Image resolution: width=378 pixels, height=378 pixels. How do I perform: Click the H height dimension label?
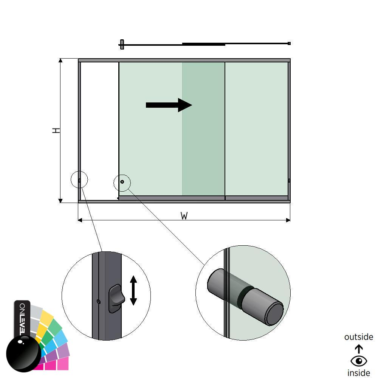coord(56,130)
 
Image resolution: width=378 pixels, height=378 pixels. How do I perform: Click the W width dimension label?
coord(184,216)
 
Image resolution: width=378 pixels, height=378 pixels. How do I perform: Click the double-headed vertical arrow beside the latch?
coord(133,290)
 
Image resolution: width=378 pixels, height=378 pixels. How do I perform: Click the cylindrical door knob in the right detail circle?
coord(246,296)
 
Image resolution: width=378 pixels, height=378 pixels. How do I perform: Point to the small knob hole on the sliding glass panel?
coord(122,182)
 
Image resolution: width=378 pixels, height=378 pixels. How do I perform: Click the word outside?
coord(358,337)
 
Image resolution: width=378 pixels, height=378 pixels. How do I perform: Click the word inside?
coord(359,373)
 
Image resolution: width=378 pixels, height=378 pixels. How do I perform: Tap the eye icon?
coord(359,361)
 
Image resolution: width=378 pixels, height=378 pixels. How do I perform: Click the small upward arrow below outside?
coord(359,349)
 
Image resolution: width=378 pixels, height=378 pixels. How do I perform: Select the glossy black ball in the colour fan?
coord(23,353)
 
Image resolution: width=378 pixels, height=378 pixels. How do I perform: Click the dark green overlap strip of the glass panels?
coord(203,129)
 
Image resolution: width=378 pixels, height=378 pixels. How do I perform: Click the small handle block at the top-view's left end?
coord(122,44)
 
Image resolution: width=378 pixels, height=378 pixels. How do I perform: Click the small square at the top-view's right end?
coord(289,43)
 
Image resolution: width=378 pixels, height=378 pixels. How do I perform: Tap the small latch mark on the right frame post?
coord(289,181)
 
